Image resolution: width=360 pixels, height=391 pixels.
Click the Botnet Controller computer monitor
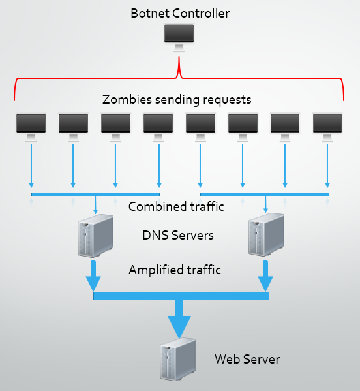pos(179,37)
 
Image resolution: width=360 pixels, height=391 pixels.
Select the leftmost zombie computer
pos(31,127)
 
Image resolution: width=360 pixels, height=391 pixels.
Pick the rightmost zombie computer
pos(327,127)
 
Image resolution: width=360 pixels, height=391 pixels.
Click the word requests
pos(227,100)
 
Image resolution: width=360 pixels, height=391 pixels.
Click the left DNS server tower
pos(95,236)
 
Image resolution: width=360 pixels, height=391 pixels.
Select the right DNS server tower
pos(266,234)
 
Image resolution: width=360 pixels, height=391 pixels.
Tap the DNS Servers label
pos(178,235)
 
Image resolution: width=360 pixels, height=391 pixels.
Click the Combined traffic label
pos(176,206)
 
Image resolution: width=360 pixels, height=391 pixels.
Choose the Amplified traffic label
pos(175,270)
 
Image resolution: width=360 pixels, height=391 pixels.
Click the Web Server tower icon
pos(177,359)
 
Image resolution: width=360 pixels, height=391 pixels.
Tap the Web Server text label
pos(247,359)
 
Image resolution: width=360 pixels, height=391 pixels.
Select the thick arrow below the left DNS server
pos(93,275)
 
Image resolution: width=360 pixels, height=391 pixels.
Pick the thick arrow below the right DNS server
pos(265,275)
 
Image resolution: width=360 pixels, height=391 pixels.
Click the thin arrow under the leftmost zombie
pos(31,166)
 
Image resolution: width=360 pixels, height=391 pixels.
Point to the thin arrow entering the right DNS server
pos(265,204)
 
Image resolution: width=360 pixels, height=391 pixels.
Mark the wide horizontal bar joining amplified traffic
pos(181,296)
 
